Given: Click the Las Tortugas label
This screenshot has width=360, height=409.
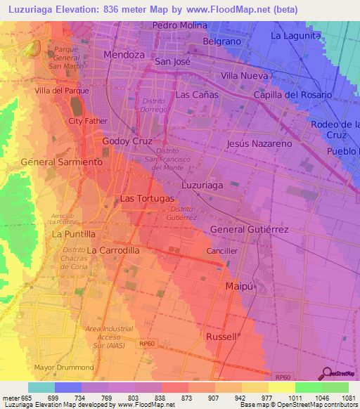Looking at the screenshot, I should (147, 199).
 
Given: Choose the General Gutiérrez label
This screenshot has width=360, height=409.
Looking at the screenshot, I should (249, 230).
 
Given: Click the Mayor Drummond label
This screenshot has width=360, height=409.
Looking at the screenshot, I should (63, 368).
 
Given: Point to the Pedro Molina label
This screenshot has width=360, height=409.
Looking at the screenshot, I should (180, 25).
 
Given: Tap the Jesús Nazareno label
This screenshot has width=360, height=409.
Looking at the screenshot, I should (259, 143).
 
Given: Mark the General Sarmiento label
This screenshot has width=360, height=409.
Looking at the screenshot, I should (62, 162).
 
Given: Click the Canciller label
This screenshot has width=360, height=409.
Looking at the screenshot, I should (222, 250).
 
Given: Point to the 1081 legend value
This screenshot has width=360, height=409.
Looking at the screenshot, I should (335, 398).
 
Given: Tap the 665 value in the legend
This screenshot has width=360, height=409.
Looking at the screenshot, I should (27, 398).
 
